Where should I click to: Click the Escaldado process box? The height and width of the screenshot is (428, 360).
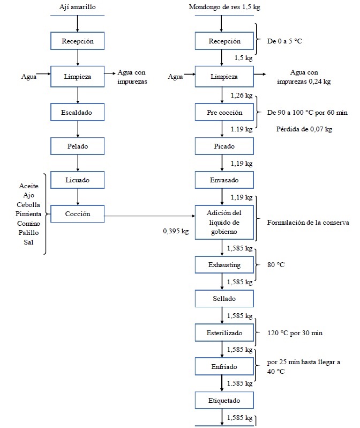78,112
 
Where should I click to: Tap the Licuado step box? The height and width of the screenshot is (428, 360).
78,180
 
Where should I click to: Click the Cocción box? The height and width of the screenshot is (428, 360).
78,213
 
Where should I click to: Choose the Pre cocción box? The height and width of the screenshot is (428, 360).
224,113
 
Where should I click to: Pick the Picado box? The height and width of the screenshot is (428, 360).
224,146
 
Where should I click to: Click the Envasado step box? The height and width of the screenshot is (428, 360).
224,180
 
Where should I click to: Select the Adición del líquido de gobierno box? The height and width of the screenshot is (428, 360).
224,222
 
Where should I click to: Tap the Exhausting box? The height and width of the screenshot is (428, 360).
224,265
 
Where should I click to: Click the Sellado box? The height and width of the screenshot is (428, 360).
224,298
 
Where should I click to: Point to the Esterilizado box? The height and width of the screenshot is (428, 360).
224,333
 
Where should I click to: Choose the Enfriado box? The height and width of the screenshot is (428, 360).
224,367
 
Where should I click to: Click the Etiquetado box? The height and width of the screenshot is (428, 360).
224,400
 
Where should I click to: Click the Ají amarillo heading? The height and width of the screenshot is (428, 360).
78,6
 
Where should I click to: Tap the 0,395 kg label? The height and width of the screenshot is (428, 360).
176,232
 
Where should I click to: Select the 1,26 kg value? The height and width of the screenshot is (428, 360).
241,95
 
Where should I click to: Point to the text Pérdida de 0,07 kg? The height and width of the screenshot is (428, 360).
304,129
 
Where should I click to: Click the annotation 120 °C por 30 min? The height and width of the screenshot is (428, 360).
295,333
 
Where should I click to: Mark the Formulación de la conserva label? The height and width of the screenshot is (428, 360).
308,222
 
